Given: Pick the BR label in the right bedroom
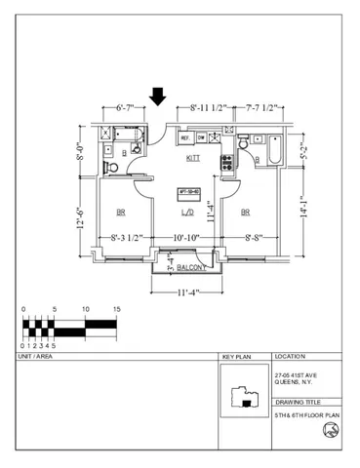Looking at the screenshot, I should tap(246, 213).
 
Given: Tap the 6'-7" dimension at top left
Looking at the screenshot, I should tap(131, 109).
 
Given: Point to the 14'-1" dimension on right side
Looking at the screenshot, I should tap(303, 204).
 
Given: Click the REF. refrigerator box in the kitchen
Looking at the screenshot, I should tap(184, 138).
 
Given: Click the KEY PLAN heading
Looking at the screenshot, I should tap(237, 358).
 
